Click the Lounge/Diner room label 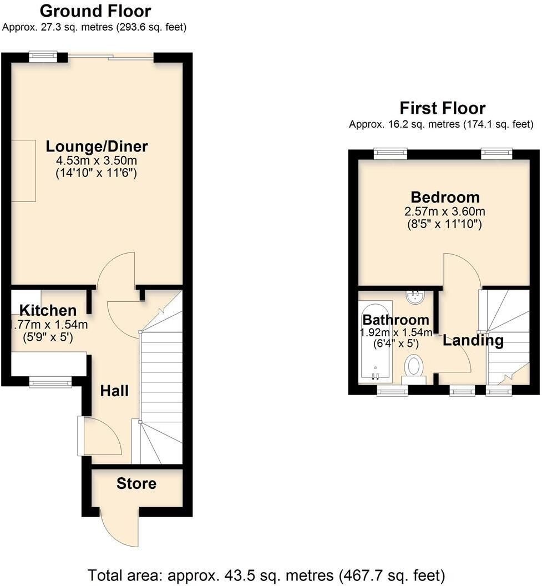click(97, 146)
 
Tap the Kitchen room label click(48, 310)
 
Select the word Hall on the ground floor click(114, 391)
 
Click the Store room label click(136, 483)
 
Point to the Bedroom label click(445, 197)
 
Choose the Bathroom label click(395, 320)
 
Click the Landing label click(473, 340)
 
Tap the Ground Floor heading click(95, 11)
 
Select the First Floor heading click(442, 108)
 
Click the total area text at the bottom click(266, 574)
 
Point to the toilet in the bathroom click(413, 367)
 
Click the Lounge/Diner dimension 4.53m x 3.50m click(97, 161)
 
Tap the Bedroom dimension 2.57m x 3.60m click(445, 211)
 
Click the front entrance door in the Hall click(100, 436)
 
